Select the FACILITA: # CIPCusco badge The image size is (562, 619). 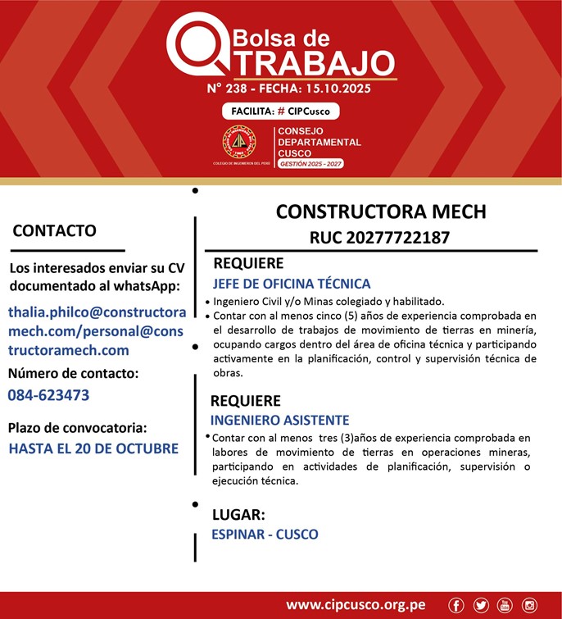point(280,112)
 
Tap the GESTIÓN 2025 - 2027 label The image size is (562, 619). point(310,165)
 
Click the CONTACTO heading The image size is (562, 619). point(54,231)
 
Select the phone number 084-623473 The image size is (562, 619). point(48,395)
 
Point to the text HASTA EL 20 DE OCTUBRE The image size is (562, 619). point(93,448)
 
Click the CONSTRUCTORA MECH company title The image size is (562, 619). point(381,212)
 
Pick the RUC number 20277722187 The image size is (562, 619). point(379,238)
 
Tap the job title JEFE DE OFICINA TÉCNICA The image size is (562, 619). point(292,284)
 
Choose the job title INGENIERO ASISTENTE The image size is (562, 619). point(279,420)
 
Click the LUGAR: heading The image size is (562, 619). point(238,516)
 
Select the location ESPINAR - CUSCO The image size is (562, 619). point(265,535)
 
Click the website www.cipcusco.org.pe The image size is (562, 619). point(356,605)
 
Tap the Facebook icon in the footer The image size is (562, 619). point(456,605)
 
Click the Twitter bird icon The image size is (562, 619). point(480,605)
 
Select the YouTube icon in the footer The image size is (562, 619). point(504,605)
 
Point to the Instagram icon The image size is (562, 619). point(529,605)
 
